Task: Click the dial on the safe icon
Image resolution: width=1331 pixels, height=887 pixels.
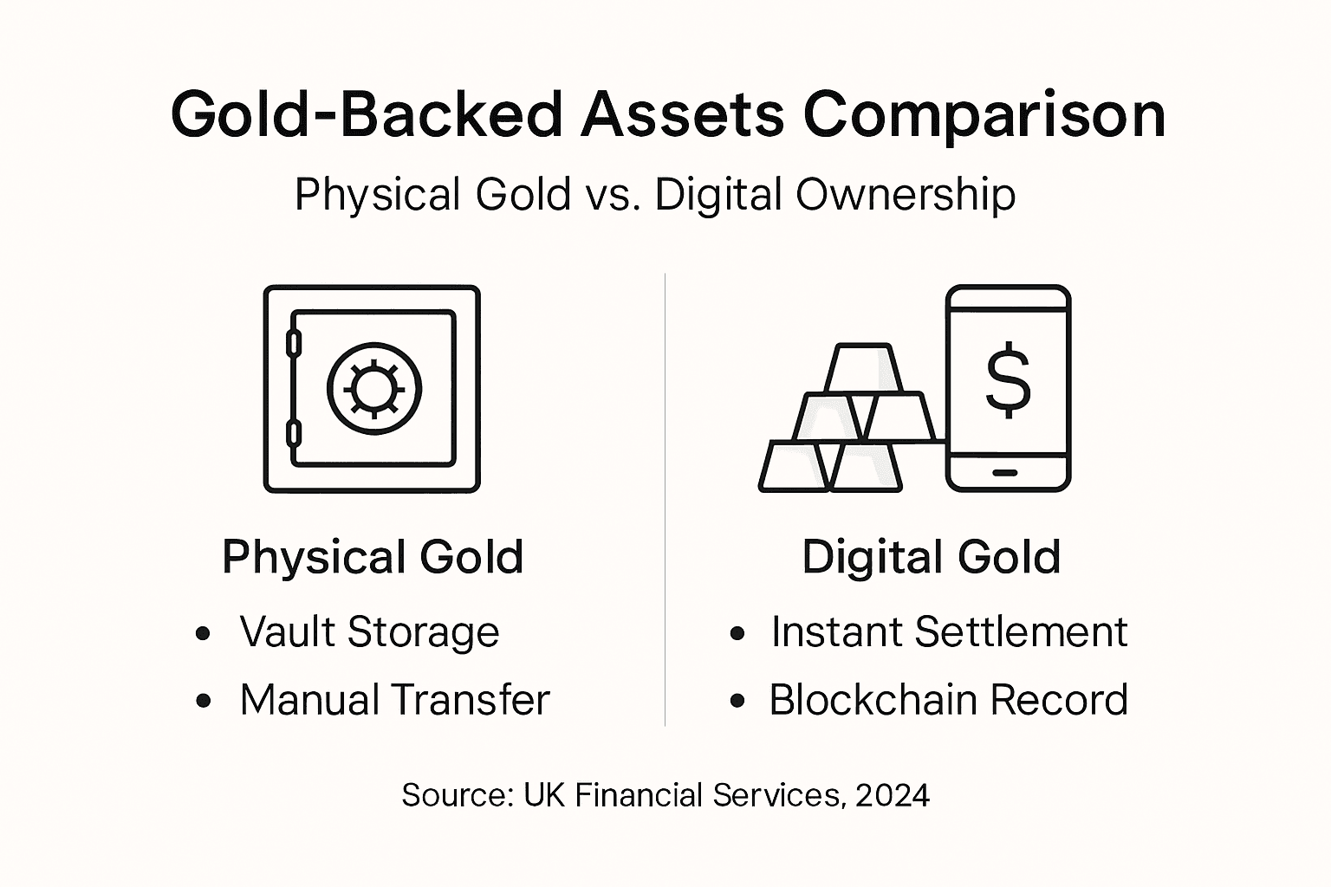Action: [x=374, y=388]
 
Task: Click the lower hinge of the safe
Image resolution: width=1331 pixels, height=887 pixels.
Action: [x=294, y=433]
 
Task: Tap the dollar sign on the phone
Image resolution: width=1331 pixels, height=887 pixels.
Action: [x=1009, y=381]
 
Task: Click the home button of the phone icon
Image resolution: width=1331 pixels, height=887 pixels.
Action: [x=1005, y=472]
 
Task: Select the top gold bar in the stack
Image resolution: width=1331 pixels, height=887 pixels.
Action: [x=862, y=368]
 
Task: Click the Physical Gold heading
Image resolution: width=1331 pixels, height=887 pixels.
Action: [x=373, y=557]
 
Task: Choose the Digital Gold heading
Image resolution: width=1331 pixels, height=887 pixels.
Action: [x=931, y=557]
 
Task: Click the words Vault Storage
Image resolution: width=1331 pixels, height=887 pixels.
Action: [x=369, y=632]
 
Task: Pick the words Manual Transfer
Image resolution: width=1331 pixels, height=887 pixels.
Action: [x=394, y=700]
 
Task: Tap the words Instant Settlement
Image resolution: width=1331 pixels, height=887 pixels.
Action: [x=949, y=632]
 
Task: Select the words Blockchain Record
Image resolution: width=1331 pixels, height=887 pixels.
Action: [x=948, y=700]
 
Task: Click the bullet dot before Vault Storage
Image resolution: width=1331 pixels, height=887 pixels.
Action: [x=204, y=633]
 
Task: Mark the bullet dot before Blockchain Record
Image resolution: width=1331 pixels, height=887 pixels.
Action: [x=737, y=701]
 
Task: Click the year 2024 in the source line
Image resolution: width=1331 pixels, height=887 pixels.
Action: [x=892, y=795]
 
